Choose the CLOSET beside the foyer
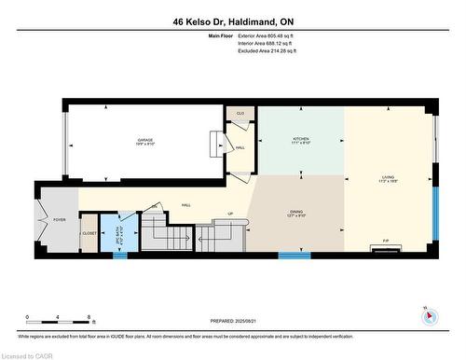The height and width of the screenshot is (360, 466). [90, 233]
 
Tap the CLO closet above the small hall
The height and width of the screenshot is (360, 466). [240, 113]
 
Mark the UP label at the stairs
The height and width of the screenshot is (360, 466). [229, 213]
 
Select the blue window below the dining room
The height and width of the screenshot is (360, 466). [295, 255]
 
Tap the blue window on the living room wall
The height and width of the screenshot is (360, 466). [433, 214]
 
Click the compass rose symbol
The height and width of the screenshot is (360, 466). [430, 315]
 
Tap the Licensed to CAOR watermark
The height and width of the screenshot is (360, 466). [29, 354]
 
